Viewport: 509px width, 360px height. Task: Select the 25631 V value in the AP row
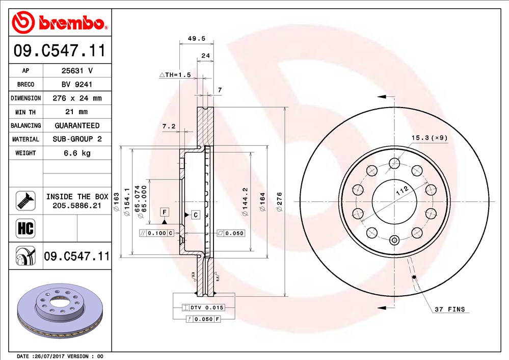coord(77,71)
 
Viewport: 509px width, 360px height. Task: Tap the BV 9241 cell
coord(77,85)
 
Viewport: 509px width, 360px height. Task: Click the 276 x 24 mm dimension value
coord(77,98)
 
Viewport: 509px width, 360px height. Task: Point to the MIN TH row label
coord(25,112)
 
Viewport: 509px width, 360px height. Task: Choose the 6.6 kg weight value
coord(77,153)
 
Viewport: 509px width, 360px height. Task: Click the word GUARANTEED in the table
coord(77,125)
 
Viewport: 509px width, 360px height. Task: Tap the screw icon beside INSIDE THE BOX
coord(25,200)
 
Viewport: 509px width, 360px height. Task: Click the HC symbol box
coord(25,228)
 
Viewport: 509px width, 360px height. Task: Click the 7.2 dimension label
coord(169,126)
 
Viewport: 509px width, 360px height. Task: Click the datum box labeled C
coord(195,215)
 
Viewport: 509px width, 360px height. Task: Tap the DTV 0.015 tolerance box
coord(203,308)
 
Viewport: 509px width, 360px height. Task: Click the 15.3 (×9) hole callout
coord(429,138)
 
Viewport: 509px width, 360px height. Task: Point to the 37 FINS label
coord(449,310)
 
